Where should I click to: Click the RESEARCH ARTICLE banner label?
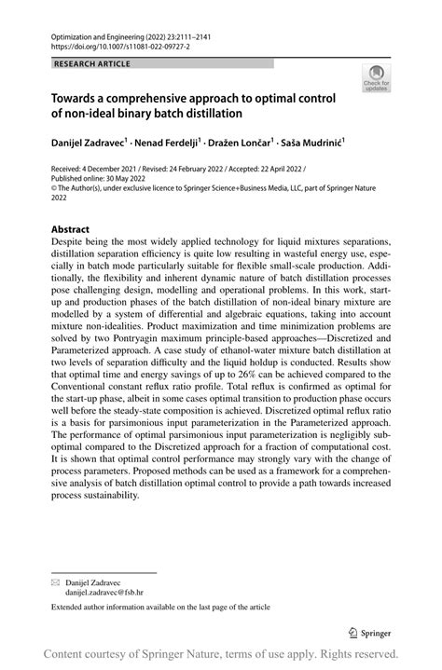(x=91, y=64)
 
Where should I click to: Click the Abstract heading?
(x=70, y=229)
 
